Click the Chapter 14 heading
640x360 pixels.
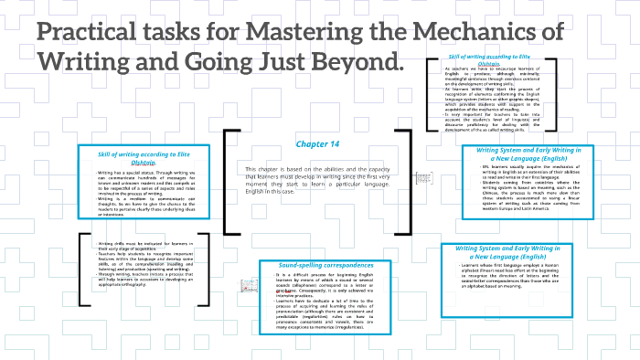[317, 143]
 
